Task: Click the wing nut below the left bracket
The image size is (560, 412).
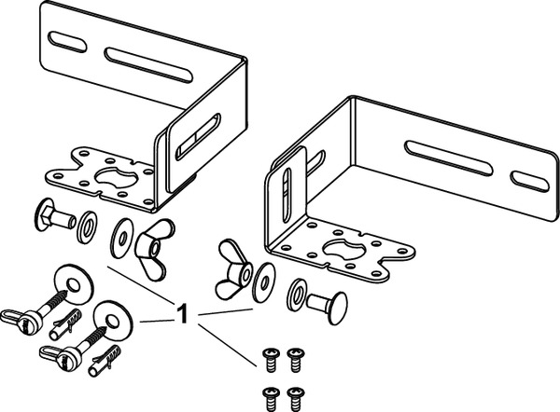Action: (x=149, y=240)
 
